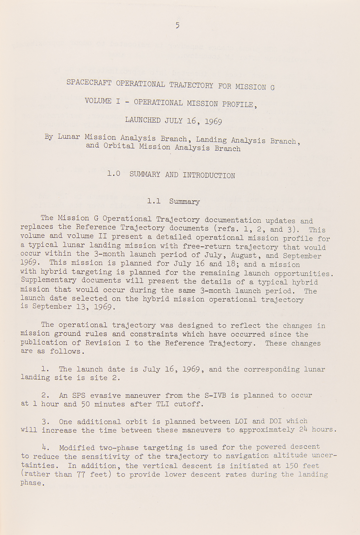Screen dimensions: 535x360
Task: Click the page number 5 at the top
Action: point(177,25)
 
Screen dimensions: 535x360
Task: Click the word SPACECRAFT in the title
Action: point(89,82)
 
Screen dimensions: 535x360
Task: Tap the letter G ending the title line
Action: point(272,87)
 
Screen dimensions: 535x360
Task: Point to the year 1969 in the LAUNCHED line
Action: point(213,121)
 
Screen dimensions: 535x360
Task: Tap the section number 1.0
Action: point(113,174)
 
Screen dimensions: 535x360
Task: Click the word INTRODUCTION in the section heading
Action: point(209,175)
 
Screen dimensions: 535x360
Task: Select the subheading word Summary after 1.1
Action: point(184,201)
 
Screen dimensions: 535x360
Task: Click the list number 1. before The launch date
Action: point(45,369)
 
